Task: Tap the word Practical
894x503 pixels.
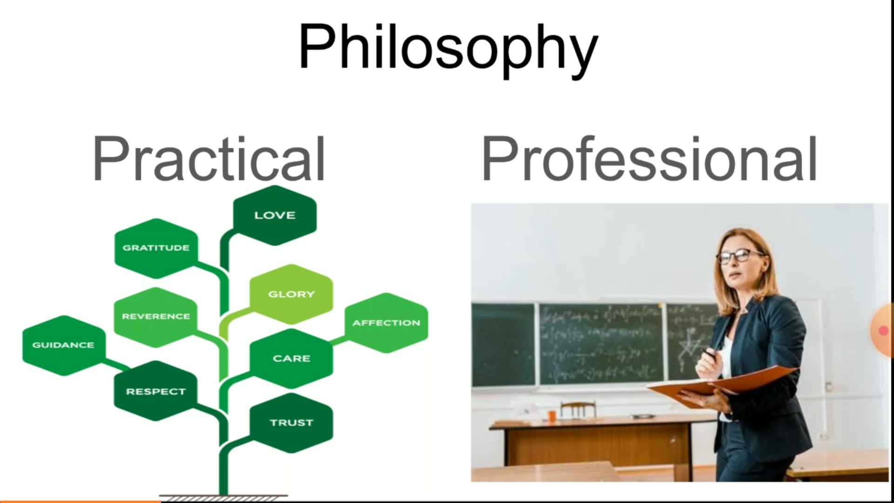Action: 209,159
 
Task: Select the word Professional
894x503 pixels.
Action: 649,159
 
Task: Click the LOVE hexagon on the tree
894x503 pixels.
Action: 275,215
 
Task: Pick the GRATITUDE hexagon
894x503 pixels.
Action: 156,248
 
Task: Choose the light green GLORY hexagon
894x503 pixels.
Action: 291,294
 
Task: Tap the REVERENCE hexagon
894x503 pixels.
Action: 156,317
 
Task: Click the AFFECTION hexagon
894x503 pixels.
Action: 386,323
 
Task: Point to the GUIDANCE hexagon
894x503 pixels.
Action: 63,345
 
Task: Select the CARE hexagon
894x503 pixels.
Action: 291,358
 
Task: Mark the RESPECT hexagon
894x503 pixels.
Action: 156,391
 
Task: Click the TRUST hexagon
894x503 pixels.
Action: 291,422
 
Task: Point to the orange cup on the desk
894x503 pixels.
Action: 552,415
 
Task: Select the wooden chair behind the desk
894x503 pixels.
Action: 578,410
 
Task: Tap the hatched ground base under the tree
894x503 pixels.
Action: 223,498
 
